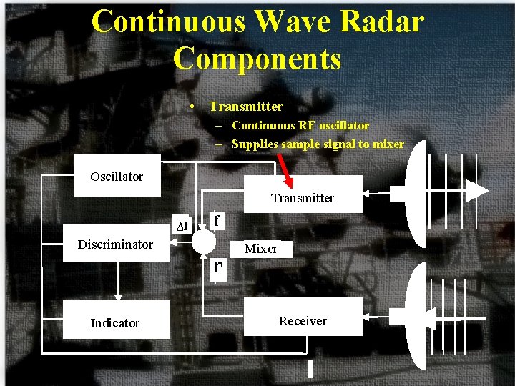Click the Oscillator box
pos(117,176)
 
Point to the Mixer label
pos(260,249)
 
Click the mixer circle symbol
pos(204,242)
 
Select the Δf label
pos(182,227)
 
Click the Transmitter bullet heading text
pos(246,107)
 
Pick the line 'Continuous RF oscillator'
pos(300,126)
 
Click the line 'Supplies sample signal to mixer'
pos(318,144)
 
